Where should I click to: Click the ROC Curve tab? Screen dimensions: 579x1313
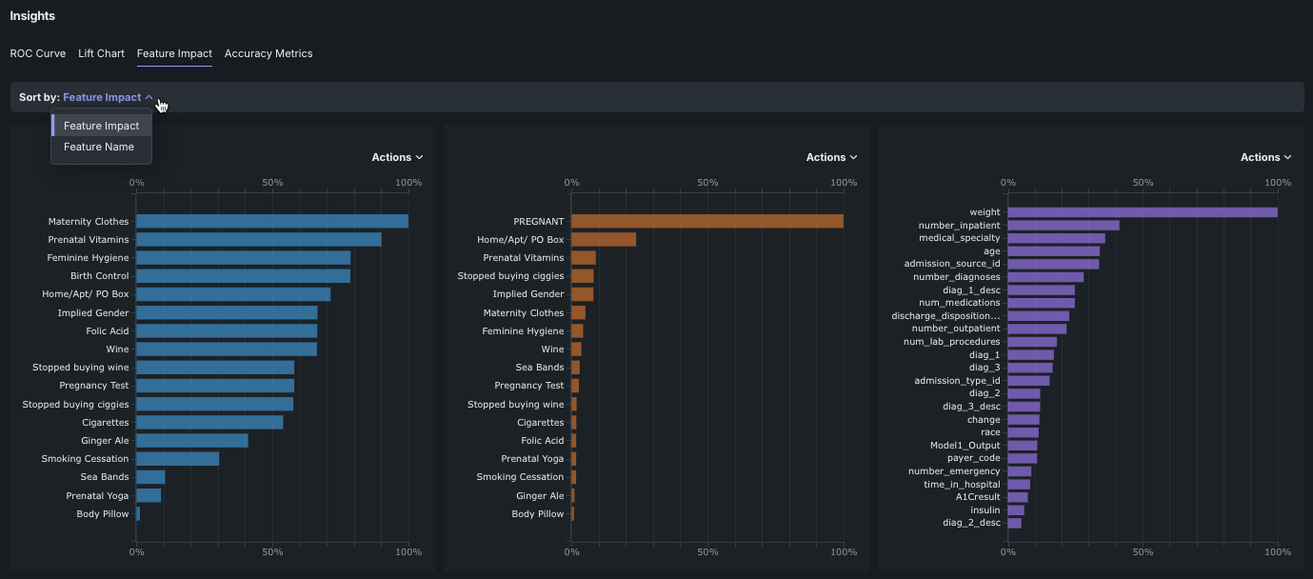pos(37,53)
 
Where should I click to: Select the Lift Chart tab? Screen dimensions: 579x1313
pos(101,53)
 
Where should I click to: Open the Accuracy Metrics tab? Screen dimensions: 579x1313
pos(269,53)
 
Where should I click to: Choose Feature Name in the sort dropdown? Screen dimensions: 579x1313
pos(99,147)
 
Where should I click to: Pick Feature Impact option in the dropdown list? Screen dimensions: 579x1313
pos(101,126)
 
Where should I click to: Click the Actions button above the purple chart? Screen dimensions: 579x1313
pos(1265,157)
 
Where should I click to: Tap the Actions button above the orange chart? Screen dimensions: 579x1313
pos(831,157)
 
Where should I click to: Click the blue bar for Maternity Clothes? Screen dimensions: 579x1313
pos(272,221)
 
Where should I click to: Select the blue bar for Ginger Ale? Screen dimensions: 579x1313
pos(192,441)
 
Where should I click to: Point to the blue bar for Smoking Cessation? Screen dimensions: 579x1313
pos(178,459)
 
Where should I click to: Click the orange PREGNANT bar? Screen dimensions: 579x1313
pos(706,221)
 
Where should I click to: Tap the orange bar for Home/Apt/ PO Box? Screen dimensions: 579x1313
pos(604,240)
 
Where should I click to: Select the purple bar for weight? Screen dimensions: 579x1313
pos(1143,212)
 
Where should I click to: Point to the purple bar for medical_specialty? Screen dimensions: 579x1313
pos(1056,238)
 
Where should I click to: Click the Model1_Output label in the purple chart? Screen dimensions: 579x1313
pos(965,445)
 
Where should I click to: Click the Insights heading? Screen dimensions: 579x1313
pos(32,16)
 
